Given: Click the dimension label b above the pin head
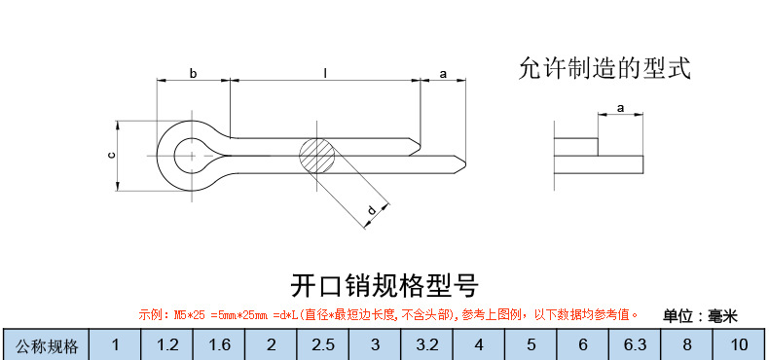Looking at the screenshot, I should click(193, 73).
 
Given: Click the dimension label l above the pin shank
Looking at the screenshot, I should click(324, 73).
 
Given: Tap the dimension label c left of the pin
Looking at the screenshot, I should click(111, 155).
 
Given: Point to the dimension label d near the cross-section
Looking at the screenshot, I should click(371, 210).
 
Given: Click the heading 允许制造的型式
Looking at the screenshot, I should click(604, 68).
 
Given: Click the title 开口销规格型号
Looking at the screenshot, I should click(384, 286).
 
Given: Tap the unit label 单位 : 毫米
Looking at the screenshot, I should click(701, 315).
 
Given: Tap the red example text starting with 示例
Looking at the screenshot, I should click(387, 315).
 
